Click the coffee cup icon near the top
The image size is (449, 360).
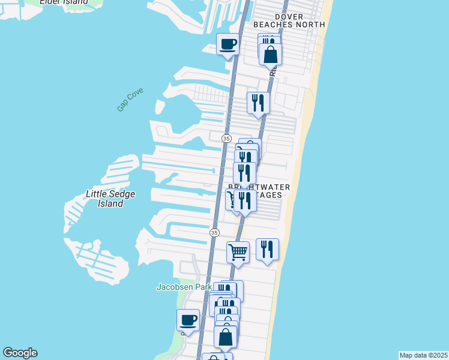[228, 44]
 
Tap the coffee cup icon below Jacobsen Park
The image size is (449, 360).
[188, 320]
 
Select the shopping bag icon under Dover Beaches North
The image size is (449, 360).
[271, 54]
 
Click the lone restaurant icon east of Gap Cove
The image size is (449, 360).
[258, 103]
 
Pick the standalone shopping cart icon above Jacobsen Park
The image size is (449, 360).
[238, 252]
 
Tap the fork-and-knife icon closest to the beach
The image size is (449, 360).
[268, 249]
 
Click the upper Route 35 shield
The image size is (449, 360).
[226, 138]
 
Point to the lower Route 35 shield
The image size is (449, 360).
[215, 232]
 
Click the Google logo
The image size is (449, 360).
[20, 353]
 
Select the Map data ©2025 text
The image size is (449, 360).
[423, 355]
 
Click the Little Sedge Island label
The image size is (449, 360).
[110, 199]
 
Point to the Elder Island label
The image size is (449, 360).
[63, 2]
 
